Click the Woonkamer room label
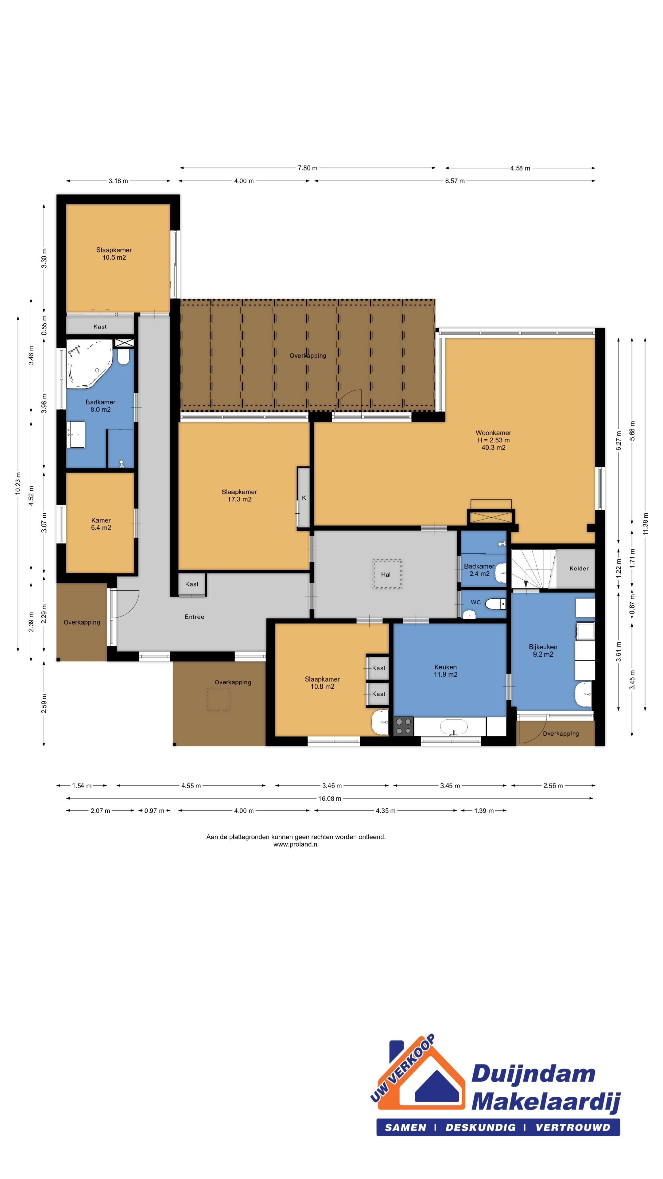coord(493,433)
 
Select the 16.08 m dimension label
coord(329,798)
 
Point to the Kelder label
coord(579,568)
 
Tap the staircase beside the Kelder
coord(533,569)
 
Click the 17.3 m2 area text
coord(240,499)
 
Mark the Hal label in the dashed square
coord(386,575)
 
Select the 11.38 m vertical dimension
coord(645,524)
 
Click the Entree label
coord(195,617)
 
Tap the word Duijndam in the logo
coord(533,1074)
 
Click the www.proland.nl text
coord(296,844)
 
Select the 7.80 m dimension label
coord(308,168)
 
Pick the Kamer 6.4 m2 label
coord(101,524)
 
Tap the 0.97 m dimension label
coord(154,811)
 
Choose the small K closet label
coord(304,498)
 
